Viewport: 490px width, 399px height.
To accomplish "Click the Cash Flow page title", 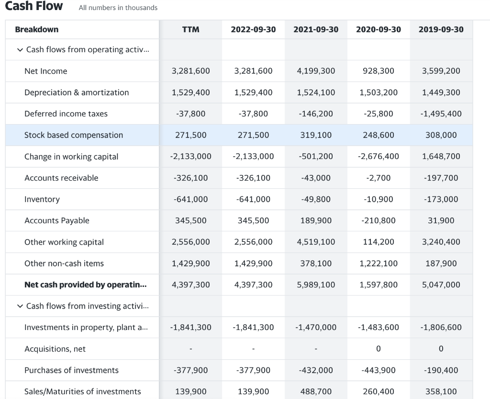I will click(x=33, y=6).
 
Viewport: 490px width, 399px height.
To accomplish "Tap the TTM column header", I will click(x=190, y=29).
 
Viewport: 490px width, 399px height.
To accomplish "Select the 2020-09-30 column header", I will click(x=379, y=29).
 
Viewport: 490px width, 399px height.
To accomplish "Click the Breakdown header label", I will click(x=37, y=29).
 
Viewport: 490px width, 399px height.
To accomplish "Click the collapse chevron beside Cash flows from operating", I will click(x=20, y=50).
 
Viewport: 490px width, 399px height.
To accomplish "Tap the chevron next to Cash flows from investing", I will click(x=20, y=306).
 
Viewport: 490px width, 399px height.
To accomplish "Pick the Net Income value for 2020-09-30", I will click(x=379, y=71).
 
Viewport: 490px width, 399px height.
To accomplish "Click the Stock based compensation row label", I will click(x=74, y=135).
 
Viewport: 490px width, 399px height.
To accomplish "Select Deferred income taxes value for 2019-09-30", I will click(x=441, y=114).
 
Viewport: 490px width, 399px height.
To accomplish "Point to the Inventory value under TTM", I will click(x=190, y=199).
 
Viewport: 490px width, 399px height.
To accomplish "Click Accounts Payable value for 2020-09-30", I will click(x=379, y=220).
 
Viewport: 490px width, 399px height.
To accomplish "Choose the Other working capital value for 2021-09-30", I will click(x=316, y=242).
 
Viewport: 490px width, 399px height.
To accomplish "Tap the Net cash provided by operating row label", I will click(x=86, y=285).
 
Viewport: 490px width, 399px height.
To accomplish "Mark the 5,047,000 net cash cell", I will click(x=441, y=285).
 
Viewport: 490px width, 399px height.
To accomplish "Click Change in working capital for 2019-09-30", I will click(x=441, y=157).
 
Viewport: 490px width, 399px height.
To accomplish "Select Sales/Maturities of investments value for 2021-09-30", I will click(x=316, y=391).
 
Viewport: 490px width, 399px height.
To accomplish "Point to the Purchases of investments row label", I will click(x=71, y=370).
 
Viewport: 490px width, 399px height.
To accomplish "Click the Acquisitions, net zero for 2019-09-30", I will click(x=441, y=349).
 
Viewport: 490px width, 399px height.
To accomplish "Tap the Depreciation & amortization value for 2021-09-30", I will click(x=316, y=92).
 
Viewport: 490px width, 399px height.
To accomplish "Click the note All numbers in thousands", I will click(x=118, y=8).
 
